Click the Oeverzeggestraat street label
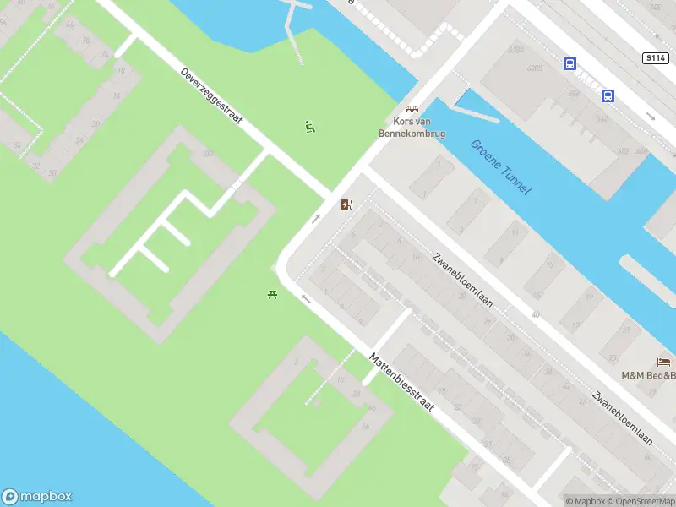coord(211,95)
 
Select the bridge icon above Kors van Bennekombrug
coord(412,110)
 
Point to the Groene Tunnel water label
coord(500,167)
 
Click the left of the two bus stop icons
coord(570,63)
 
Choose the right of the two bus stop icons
coord(608,95)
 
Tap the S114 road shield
coord(653,57)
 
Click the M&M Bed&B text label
coord(648,375)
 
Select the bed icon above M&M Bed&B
coord(663,362)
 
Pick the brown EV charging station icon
coord(346,204)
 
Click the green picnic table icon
coord(273,294)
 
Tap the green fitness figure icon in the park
coord(310,128)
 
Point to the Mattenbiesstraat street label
coord(401,381)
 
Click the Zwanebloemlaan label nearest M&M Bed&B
coord(623,417)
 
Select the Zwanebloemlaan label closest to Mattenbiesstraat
coord(461,280)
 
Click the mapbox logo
coord(37,497)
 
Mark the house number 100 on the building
coord(207,154)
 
